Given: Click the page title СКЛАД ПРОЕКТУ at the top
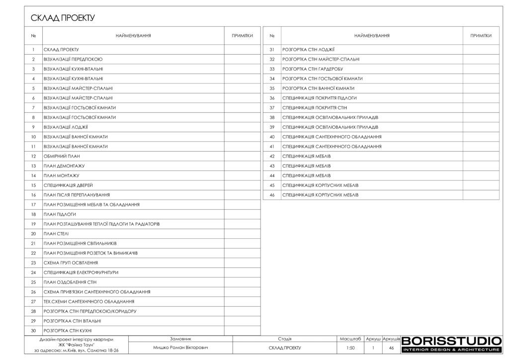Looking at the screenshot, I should coord(63,18).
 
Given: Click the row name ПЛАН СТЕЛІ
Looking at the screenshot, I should coord(56,233).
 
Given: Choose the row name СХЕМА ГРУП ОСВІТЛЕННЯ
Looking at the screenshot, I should coord(71,263).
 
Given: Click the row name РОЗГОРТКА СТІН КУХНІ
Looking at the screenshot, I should coord(68,331).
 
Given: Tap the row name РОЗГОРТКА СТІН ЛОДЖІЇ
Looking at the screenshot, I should coord(308,50).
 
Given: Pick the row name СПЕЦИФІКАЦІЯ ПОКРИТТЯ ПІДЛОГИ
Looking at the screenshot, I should coord(320,98).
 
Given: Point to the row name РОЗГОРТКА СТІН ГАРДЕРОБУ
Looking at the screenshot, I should coord(313,69).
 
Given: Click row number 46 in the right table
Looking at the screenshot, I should coord(272,195).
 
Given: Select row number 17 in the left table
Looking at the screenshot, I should coord(33,204).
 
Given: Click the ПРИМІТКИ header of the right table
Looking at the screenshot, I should coord(481,36).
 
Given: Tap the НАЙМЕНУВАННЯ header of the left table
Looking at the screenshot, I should coord(133,36).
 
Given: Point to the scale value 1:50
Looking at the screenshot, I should coord(350,348).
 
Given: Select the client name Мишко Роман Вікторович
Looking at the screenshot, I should coord(180,348).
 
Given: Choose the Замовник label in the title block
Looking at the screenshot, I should coord(180,339).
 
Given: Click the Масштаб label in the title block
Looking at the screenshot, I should coord(350,339).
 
